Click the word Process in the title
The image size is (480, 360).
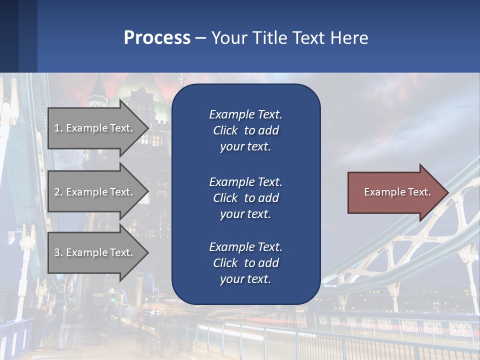tap(157, 38)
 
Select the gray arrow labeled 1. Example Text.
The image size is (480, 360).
tap(95, 128)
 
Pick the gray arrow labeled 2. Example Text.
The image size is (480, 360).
tap(95, 192)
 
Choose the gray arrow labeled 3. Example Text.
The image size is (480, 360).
tap(95, 252)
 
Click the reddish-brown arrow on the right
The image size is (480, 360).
tap(395, 192)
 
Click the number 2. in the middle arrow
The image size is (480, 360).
tap(58, 192)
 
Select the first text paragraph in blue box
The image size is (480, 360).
tap(245, 130)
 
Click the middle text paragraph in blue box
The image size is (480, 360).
tap(245, 198)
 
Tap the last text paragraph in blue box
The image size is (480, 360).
tap(245, 263)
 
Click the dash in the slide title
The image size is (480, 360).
tap(200, 38)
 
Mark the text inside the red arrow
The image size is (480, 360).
tap(397, 192)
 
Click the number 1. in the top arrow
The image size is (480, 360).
tap(58, 128)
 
